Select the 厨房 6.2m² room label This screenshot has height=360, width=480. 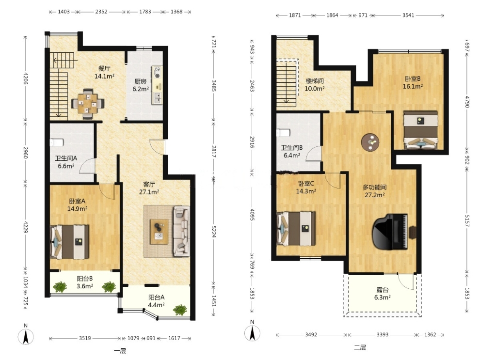(x=141, y=85)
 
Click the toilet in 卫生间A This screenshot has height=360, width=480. (x=56, y=142)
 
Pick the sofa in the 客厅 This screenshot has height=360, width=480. (x=181, y=231)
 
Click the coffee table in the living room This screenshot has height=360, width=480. (x=159, y=232)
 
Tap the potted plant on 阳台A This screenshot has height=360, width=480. (x=180, y=310)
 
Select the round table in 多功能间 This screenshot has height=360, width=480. (x=370, y=142)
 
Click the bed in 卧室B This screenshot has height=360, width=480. (x=421, y=130)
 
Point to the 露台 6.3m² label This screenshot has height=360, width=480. (x=383, y=293)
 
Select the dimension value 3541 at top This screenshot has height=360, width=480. (x=408, y=16)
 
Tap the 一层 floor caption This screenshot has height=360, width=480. (x=120, y=351)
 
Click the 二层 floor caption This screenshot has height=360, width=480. (x=360, y=347)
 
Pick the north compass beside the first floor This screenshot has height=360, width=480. (x=26, y=335)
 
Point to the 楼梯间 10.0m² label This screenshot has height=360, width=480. (x=314, y=85)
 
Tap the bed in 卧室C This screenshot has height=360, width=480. (x=296, y=229)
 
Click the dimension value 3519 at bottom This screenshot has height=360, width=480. (x=85, y=338)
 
